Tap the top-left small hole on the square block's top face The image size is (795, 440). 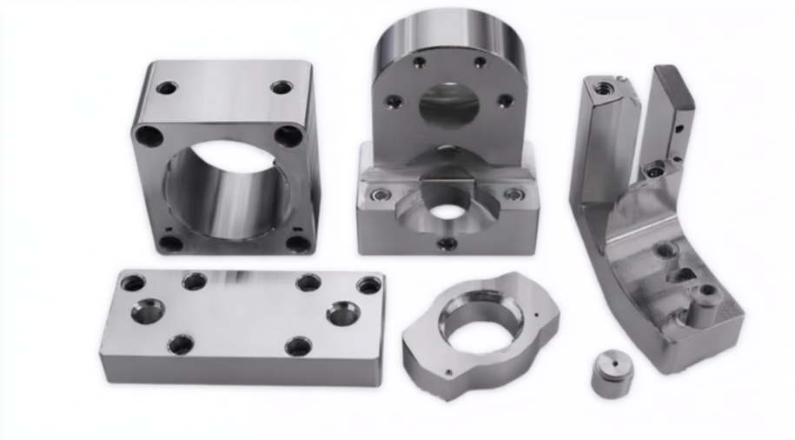point(166,88)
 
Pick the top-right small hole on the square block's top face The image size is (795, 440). point(282,87)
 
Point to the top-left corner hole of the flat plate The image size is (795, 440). point(133,283)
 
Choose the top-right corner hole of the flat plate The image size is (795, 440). point(369,285)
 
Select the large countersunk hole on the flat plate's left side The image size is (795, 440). point(148,310)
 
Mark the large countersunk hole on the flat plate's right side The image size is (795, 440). point(344,313)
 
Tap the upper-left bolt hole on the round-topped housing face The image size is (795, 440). point(419,63)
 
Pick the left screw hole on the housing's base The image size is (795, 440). point(379,194)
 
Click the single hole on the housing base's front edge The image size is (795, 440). point(447,243)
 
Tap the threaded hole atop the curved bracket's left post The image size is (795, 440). point(603,87)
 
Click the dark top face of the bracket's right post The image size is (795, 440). point(674,87)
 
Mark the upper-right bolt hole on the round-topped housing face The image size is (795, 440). point(480,63)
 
